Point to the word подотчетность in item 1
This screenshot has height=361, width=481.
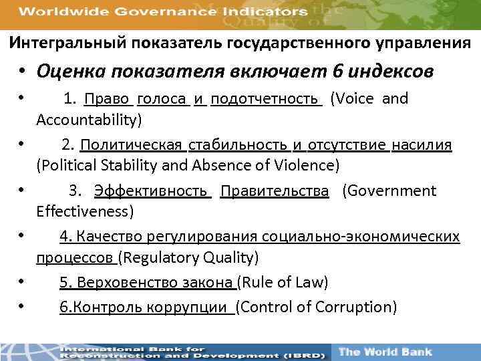265,99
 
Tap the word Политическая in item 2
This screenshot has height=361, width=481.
132,145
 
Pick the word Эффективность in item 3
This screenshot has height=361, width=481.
151,191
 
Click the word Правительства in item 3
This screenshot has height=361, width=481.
274,191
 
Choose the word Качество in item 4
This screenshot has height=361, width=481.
108,237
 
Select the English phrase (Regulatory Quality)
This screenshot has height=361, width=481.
188,257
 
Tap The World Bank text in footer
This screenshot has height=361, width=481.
385,352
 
